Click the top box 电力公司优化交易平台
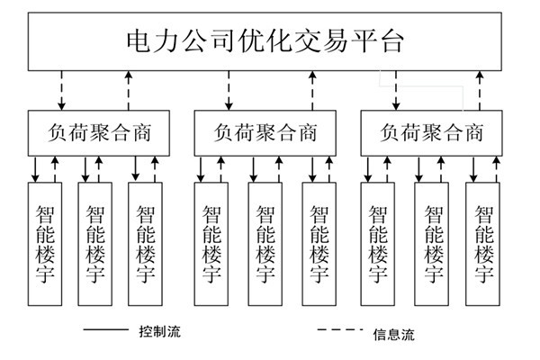point(270,41)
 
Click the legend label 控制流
point(159,331)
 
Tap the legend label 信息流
point(393,334)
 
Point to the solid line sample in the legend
point(105,331)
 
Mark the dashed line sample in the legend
point(340,331)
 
